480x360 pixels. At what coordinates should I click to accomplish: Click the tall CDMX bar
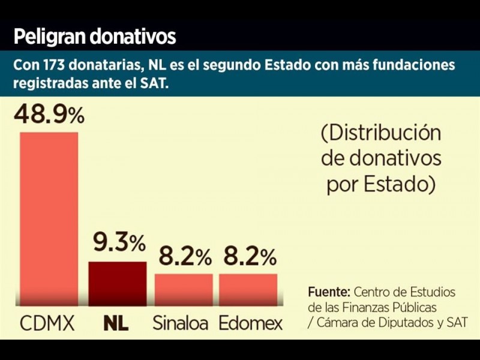pos(49,219)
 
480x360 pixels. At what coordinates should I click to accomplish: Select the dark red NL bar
pos(118,284)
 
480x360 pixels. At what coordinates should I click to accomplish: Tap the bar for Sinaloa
pos(184,290)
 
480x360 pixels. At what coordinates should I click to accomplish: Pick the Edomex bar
pos(248,290)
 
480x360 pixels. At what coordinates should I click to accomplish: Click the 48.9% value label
pos(49,113)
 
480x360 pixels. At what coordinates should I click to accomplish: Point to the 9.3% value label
pos(119,242)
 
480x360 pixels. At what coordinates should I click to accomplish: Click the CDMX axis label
pos(47,324)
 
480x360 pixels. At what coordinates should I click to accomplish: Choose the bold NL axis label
pos(116,324)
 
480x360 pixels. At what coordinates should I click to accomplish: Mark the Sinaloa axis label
pos(180,324)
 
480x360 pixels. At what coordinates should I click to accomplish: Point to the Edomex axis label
pos(250,324)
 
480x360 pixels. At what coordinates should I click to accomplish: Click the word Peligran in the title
pos(49,37)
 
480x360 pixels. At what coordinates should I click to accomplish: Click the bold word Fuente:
pos(329,292)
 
